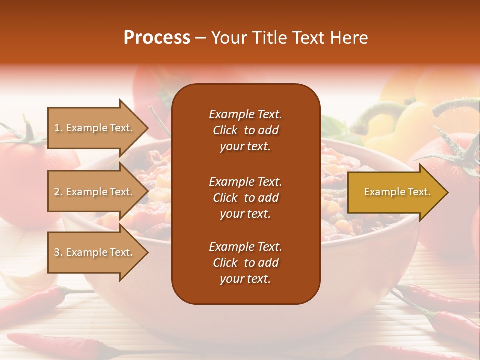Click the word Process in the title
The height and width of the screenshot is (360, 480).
coord(157,38)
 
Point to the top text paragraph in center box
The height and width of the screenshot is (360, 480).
coord(245,130)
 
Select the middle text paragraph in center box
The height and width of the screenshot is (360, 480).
coord(245,198)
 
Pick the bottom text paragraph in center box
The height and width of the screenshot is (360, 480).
coord(245,263)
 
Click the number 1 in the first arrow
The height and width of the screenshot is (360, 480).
coord(57,128)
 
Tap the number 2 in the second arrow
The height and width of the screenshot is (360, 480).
coord(57,192)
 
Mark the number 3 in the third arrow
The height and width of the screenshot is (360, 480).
coord(57,252)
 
